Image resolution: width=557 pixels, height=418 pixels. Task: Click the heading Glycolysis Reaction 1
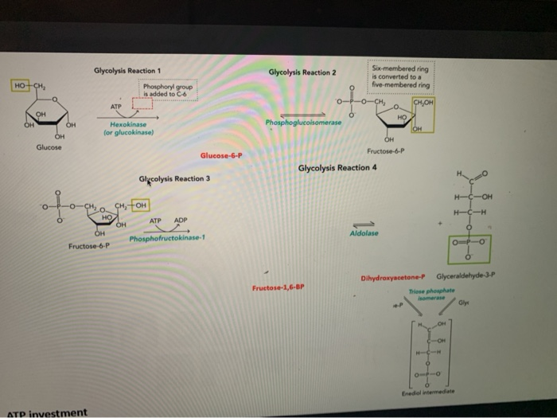point(127,71)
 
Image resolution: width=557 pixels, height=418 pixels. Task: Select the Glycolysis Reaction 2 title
point(302,72)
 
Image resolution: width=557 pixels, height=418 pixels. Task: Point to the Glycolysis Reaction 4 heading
point(337,168)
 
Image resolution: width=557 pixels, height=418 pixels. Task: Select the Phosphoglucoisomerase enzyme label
point(304,123)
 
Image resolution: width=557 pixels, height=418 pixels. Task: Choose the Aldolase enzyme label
point(363,232)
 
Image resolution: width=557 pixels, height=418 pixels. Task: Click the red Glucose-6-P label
point(221,156)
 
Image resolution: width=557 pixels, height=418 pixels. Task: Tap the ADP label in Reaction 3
point(181,221)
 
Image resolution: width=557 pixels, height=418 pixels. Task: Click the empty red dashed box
point(142,103)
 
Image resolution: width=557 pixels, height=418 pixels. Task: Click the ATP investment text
point(48,412)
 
